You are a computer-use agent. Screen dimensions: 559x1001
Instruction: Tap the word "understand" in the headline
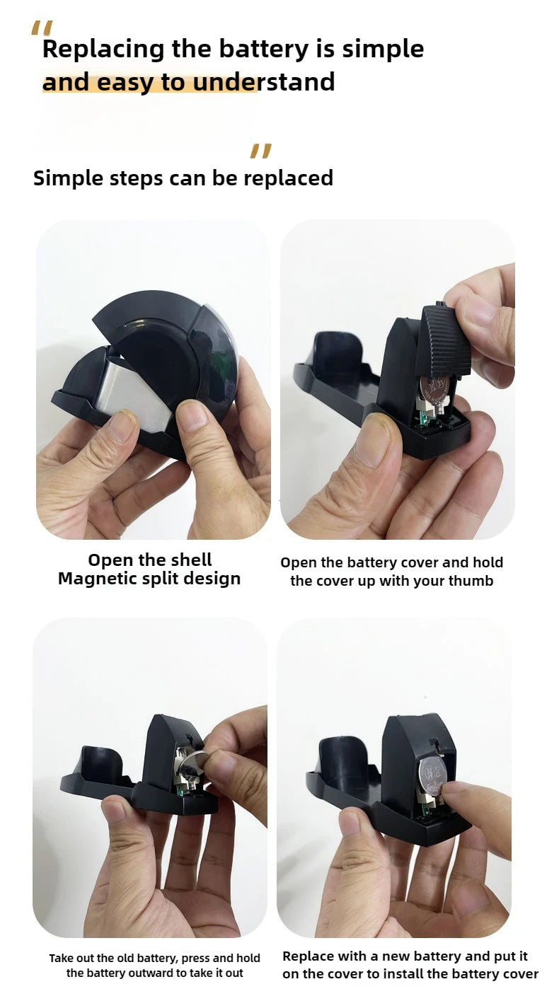pyautogui.click(x=264, y=82)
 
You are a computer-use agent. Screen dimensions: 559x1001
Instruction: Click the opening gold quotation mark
pyautogui.click(x=42, y=28)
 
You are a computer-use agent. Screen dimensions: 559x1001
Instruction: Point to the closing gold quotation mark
pyautogui.click(x=261, y=151)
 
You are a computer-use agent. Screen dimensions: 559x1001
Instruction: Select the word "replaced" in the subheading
pyautogui.click(x=288, y=178)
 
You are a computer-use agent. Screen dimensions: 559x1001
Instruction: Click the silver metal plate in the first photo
pyautogui.click(x=133, y=394)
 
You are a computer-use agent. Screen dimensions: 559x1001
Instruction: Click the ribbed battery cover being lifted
pyautogui.click(x=442, y=340)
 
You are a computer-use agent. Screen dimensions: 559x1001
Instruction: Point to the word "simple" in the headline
pyautogui.click(x=383, y=50)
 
